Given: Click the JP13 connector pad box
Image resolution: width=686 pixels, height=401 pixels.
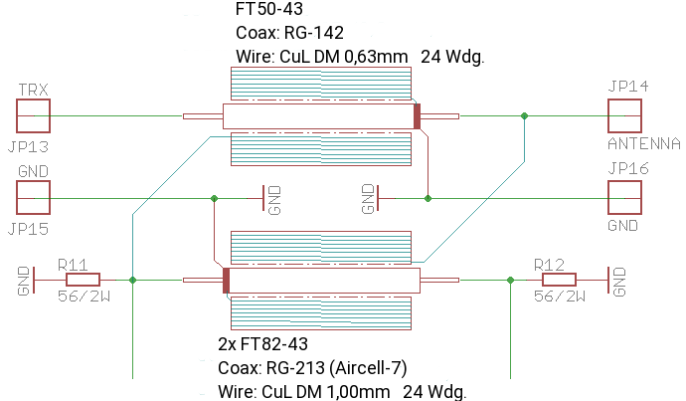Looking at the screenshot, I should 33,116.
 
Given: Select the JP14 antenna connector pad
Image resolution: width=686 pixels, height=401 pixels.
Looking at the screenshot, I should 625,116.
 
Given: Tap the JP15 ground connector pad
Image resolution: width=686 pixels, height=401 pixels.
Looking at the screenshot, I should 33,199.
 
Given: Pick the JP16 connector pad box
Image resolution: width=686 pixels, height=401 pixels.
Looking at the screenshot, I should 625,199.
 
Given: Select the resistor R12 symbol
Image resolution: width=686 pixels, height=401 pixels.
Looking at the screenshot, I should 550,281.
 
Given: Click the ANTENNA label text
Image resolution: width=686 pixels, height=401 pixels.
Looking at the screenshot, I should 643,144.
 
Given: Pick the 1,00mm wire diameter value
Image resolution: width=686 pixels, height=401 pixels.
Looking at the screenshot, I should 356,391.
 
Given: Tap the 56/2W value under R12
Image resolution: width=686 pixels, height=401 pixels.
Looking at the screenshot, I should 559,297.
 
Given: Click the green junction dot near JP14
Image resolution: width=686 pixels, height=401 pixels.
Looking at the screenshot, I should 525,116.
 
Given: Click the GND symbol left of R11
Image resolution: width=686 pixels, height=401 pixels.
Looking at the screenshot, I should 27,281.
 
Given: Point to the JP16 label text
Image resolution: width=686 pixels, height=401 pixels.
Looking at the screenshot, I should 628,170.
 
